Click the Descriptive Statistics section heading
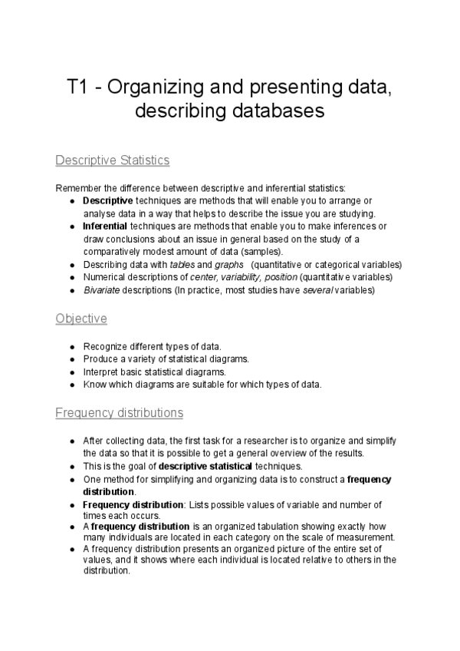coord(113,160)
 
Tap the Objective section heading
coord(81,318)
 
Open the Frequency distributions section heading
coord(120,413)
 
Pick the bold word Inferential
coord(106,226)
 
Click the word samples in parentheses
coord(264,252)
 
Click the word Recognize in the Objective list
coord(105,346)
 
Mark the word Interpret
coord(101,372)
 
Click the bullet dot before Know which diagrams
coord(71,385)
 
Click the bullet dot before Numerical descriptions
coord(71,277)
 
